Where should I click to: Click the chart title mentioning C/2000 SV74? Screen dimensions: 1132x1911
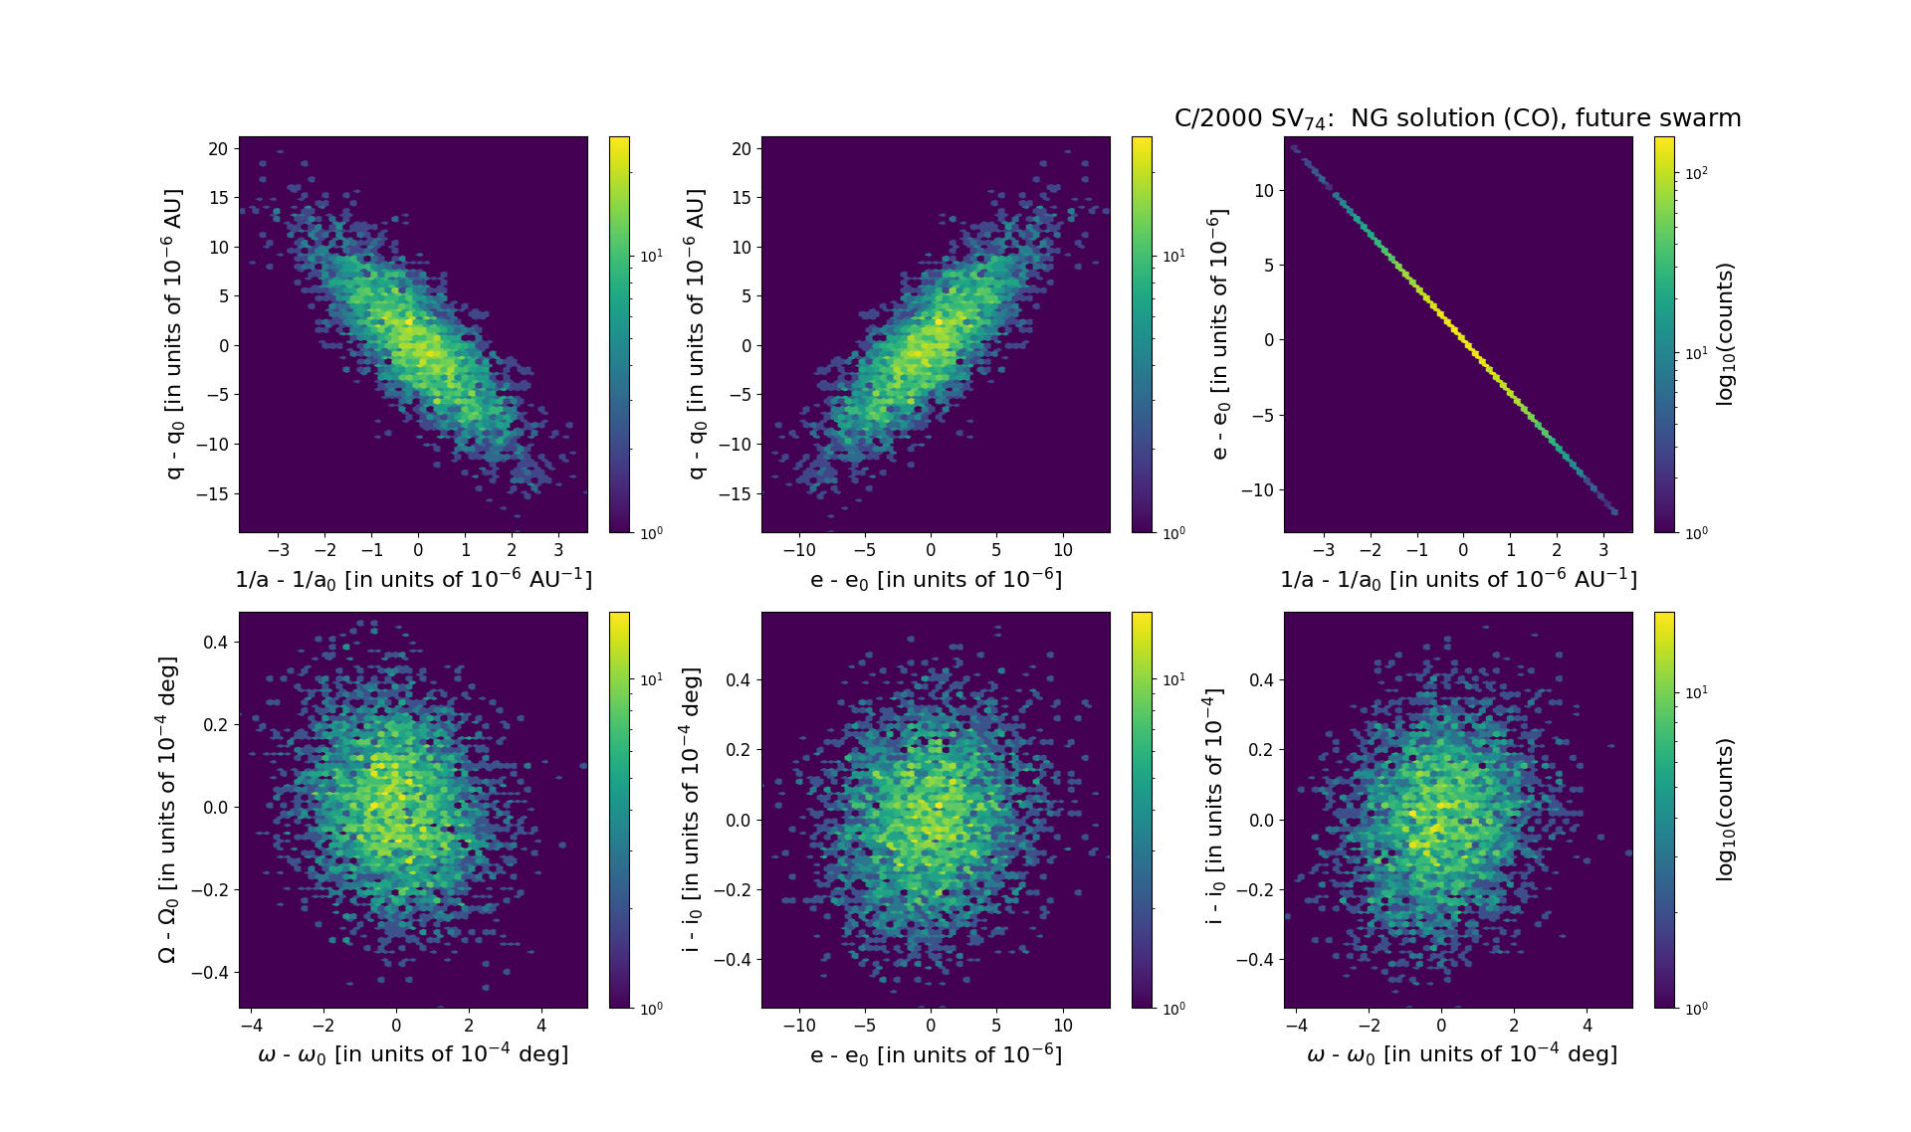1457,119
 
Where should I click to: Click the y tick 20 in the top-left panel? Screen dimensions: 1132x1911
218,149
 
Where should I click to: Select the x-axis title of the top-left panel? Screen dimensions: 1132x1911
413,579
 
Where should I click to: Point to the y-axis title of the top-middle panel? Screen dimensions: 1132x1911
696,334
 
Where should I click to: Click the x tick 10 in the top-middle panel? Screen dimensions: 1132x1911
1063,550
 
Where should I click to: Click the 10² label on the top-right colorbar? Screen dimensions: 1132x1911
1696,173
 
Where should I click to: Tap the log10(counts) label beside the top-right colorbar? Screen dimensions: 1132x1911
1725,334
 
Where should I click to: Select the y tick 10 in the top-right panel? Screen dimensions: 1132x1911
1263,190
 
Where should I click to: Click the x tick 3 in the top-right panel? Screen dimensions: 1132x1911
1603,550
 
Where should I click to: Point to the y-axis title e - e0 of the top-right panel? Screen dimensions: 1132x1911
1219,334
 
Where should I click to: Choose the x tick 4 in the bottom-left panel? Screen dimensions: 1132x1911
541,1026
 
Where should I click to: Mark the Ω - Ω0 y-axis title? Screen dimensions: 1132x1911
168,809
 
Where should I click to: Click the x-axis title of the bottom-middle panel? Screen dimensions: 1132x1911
936,1054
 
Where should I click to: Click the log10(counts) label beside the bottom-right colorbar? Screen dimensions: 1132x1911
1725,809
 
